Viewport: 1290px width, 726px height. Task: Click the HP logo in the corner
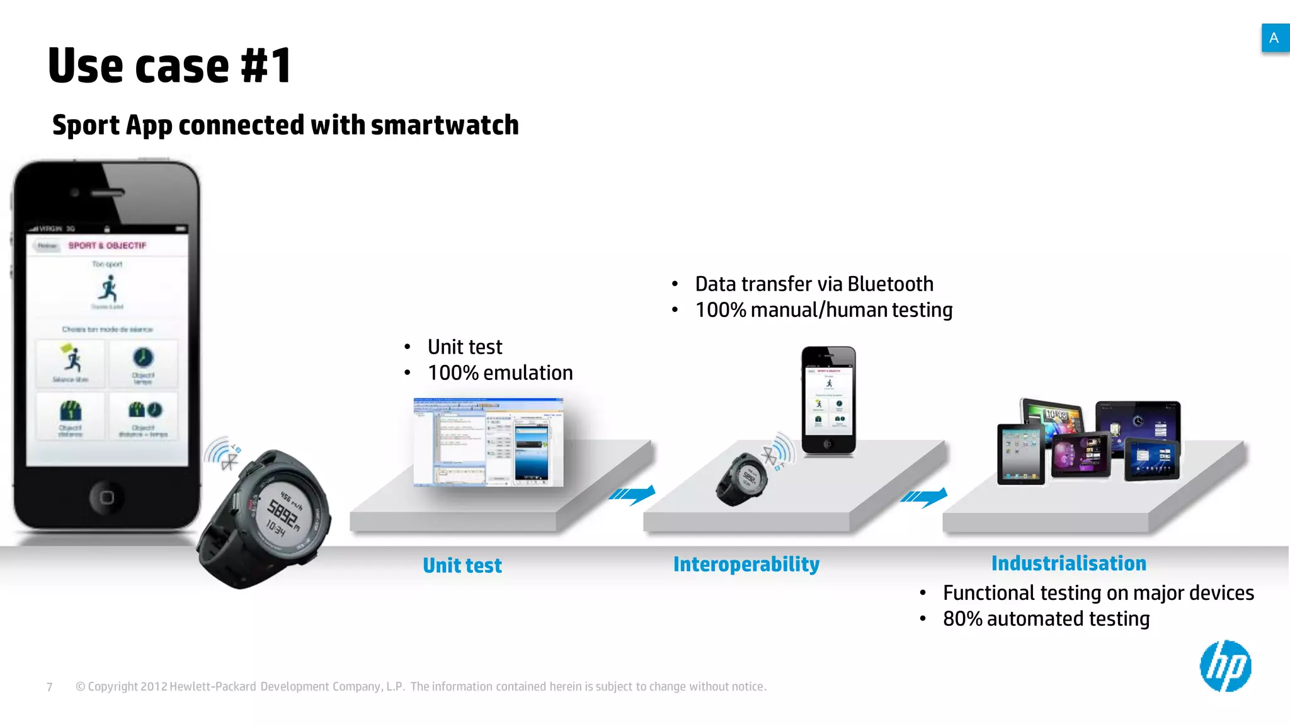1225,666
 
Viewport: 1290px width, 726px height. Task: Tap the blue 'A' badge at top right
1274,38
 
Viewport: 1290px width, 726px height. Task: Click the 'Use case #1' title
169,66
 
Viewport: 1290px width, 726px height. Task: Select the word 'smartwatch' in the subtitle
445,125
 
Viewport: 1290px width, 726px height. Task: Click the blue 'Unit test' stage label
462,565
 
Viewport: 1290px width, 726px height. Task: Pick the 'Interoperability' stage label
746,564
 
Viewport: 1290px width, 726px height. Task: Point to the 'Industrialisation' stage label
1068,563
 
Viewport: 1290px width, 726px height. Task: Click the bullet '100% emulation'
499,373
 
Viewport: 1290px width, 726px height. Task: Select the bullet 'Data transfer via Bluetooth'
813,284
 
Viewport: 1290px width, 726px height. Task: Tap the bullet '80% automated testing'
1046,619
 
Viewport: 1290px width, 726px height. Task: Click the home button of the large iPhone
106,497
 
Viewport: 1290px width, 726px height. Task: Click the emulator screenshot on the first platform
488,442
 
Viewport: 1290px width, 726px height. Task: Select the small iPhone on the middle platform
828,400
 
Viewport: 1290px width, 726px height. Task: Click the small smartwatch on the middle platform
742,479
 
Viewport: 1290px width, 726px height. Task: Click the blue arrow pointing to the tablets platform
924,497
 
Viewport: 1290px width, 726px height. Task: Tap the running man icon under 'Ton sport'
108,289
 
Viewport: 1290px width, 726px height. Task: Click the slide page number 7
50,687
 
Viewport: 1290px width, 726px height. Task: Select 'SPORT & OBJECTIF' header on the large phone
107,245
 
